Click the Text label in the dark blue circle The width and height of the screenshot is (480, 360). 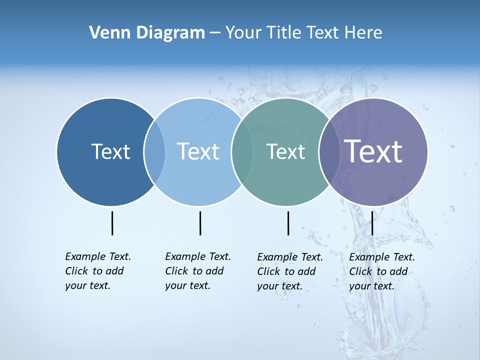pos(110,151)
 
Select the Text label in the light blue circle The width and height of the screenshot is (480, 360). pos(198,151)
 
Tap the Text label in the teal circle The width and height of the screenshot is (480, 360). pos(285,152)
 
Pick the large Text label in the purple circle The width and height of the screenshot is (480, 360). pos(373,151)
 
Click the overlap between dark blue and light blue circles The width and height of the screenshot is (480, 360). pos(154,152)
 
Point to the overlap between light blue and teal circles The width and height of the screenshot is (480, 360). pos(241,152)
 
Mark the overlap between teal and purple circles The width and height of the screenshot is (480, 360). pos(328,152)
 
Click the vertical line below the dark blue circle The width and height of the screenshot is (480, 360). pos(112,223)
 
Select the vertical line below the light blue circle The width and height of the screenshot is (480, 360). pos(200,223)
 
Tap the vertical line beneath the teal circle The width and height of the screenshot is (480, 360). pos(288,223)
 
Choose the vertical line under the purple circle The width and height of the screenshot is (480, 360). pos(372,223)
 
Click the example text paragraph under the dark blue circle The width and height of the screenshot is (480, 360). pos(98,271)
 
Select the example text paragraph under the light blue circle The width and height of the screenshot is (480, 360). pos(198,271)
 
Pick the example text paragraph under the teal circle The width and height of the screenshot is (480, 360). pos(290,271)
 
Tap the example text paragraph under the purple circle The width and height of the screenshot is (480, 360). pos(382,271)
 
